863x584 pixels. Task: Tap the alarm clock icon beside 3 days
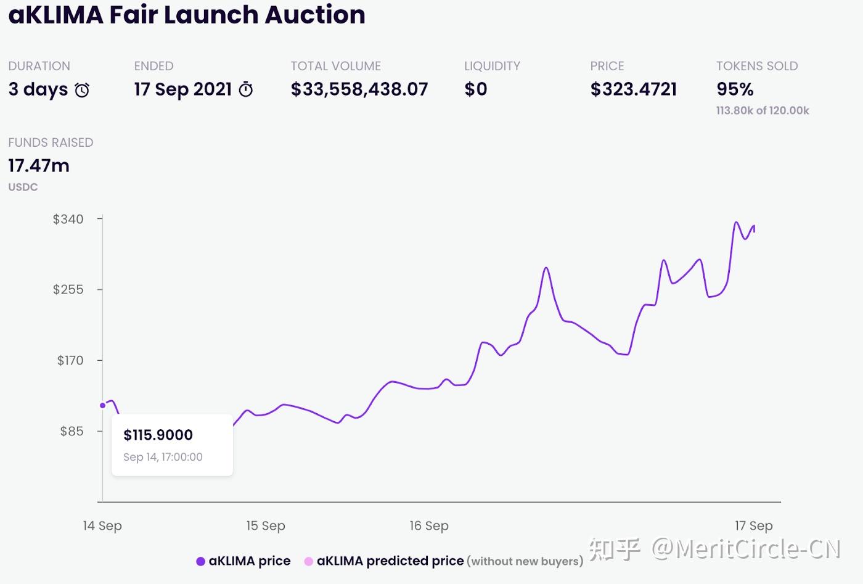[82, 90]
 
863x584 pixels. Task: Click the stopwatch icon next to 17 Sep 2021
[246, 89]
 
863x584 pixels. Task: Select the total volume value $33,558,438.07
[359, 89]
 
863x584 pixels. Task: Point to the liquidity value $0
[476, 89]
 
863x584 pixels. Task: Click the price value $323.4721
[634, 89]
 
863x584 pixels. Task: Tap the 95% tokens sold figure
[735, 89]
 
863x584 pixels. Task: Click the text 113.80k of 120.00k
[763, 110]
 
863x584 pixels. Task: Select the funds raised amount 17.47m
[39, 165]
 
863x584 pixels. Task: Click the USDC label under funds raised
[23, 187]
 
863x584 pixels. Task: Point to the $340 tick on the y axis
[68, 219]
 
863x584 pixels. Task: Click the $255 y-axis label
[68, 289]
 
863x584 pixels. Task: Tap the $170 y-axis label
[70, 360]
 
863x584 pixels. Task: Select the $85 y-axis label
[72, 431]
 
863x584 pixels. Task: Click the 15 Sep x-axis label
[266, 525]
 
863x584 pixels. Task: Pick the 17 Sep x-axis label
[753, 525]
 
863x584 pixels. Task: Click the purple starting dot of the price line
[102, 405]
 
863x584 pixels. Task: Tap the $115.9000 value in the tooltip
[158, 435]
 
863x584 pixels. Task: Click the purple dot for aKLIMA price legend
[200, 561]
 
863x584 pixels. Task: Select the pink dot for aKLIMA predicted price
[309, 561]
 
